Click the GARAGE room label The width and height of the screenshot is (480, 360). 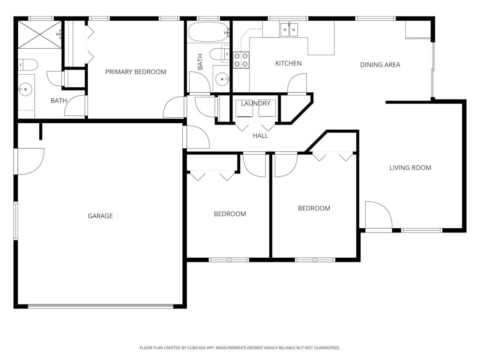[100, 216]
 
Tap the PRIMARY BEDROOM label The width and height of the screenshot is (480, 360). [136, 72]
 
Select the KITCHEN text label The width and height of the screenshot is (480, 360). [288, 63]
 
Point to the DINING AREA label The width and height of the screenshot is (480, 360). [380, 65]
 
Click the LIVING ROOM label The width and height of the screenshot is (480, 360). [410, 168]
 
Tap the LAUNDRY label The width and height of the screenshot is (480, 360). [255, 103]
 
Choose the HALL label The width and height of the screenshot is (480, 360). [260, 136]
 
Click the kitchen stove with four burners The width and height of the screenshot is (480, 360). [241, 60]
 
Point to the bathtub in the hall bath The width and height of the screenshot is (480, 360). [208, 32]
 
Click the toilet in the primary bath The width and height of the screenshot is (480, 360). [28, 65]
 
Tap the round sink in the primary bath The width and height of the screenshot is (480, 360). [25, 89]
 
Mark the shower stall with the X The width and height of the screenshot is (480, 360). [39, 34]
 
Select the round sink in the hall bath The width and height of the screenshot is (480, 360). [222, 79]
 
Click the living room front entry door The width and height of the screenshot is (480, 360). [378, 216]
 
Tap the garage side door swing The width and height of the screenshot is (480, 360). [30, 161]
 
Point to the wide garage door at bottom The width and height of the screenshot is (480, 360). [100, 306]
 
